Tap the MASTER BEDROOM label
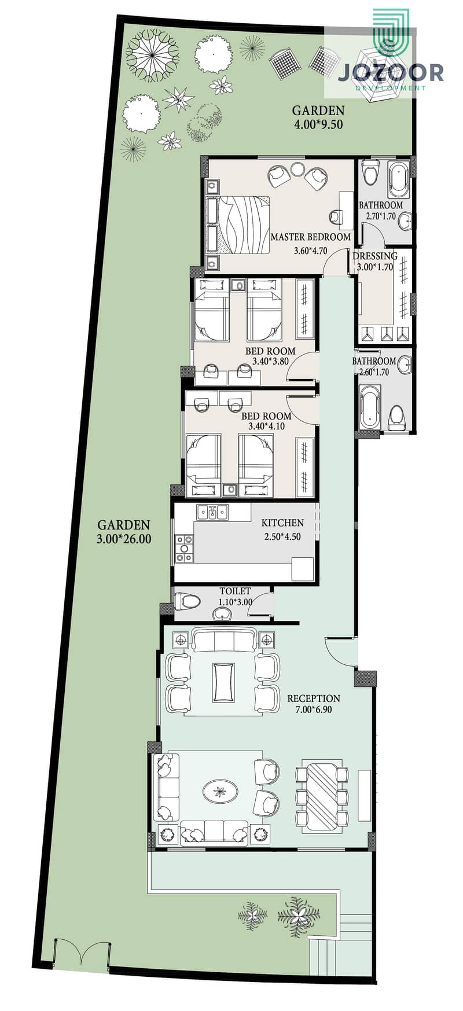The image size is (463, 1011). click(310, 237)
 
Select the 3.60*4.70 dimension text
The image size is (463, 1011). click(310, 251)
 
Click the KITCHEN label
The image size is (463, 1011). click(282, 523)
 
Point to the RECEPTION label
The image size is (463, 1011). click(314, 698)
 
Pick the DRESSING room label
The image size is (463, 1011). click(375, 256)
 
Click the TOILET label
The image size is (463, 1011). click(235, 591)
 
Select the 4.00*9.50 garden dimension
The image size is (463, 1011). click(318, 123)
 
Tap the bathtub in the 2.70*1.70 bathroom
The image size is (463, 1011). click(398, 181)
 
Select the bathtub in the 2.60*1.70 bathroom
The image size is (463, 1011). click(369, 409)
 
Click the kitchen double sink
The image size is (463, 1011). click(212, 512)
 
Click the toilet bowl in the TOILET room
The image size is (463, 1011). click(186, 600)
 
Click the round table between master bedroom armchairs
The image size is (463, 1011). click(297, 169)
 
